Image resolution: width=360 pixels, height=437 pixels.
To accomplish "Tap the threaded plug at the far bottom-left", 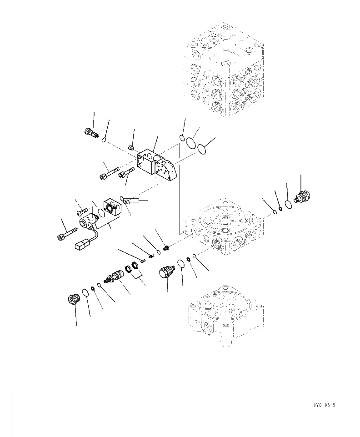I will click(x=72, y=300).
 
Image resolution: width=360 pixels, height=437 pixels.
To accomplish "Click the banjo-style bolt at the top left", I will click(x=92, y=133).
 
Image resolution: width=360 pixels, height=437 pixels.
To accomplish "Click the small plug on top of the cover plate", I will click(x=130, y=147).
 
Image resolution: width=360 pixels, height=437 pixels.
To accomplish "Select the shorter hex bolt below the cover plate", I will click(x=125, y=174).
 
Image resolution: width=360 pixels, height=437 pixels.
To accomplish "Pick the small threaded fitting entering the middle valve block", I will click(x=166, y=248).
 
